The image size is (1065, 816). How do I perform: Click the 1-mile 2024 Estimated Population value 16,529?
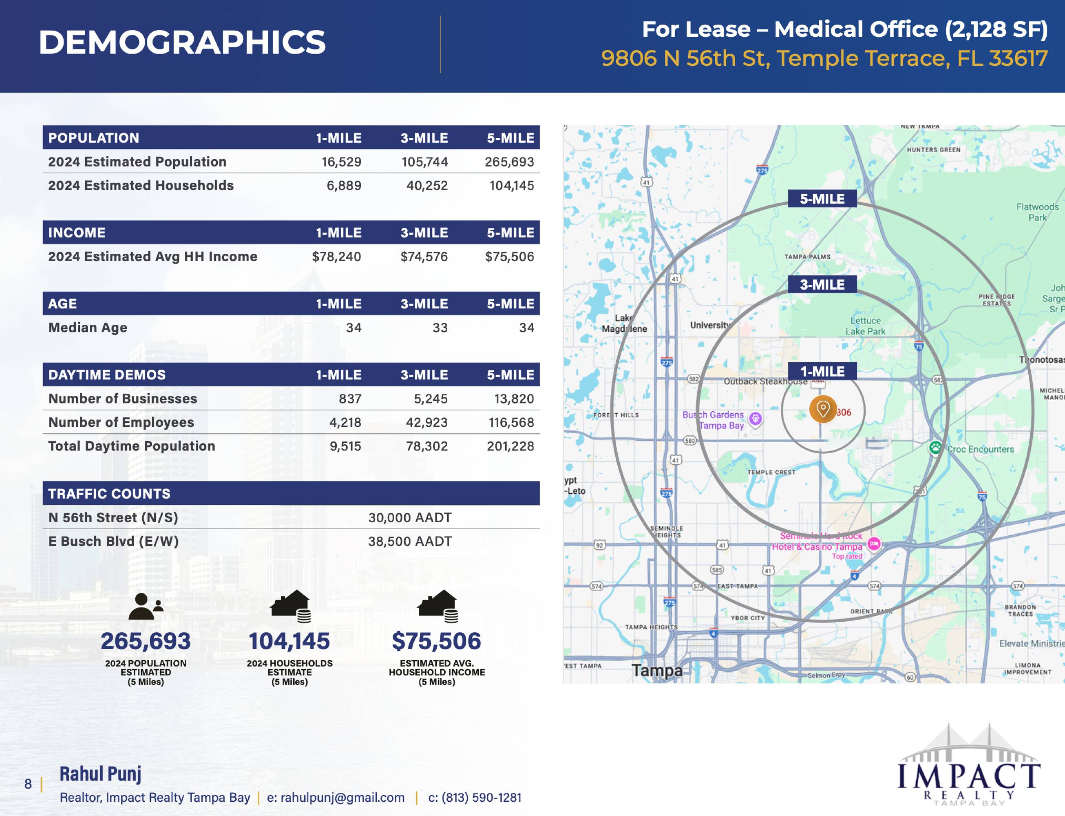(x=341, y=162)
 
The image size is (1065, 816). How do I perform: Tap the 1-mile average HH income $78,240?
(x=336, y=257)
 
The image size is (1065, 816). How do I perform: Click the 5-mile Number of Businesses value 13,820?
(x=514, y=399)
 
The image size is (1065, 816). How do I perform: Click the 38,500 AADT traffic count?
(x=410, y=541)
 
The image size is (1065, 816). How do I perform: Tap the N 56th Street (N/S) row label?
(x=113, y=518)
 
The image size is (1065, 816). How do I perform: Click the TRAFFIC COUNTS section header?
(x=109, y=494)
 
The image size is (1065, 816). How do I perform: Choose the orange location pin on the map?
(x=823, y=408)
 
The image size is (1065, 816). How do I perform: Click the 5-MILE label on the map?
(x=822, y=199)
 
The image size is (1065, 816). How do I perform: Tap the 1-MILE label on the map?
(x=822, y=372)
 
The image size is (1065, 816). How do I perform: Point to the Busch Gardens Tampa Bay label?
(x=714, y=420)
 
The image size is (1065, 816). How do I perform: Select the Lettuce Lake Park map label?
(x=866, y=326)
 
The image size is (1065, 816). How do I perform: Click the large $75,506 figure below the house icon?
(x=436, y=641)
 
